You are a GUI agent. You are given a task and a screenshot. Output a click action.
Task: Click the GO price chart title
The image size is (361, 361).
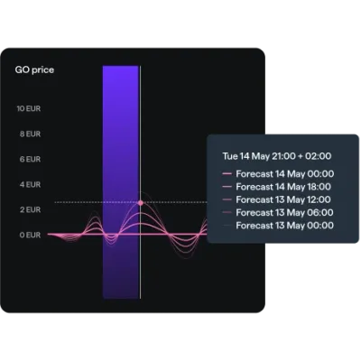34,70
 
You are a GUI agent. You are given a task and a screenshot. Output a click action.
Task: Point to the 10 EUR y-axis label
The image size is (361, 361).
29,108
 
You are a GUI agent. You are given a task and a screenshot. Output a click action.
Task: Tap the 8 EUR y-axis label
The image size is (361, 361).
30,134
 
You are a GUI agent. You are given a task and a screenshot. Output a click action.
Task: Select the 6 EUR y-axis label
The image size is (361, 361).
30,159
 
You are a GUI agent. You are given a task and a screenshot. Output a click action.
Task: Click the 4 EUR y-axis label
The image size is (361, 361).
30,184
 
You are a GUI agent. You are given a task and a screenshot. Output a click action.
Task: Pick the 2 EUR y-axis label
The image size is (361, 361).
30,209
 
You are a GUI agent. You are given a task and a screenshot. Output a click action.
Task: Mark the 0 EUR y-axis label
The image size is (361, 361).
30,235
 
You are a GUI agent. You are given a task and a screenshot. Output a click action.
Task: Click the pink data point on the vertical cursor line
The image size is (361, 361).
141,203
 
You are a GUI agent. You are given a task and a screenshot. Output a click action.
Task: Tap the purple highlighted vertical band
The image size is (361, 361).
121,182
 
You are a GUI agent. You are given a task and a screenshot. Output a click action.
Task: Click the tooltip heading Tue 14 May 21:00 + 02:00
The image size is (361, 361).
277,156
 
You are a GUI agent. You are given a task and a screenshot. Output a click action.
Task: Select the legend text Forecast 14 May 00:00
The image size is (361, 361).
285,174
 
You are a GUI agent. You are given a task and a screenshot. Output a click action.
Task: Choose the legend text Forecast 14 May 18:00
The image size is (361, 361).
283,187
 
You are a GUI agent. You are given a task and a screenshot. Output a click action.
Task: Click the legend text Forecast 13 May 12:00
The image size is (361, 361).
283,199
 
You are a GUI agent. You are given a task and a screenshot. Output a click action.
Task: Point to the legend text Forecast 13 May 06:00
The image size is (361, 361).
284,213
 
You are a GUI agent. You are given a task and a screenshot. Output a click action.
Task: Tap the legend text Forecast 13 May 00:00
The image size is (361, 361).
284,226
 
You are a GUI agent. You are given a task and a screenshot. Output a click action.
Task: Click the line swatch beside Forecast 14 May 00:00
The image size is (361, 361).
227,174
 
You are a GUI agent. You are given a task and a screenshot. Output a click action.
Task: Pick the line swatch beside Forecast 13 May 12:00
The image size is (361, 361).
227,199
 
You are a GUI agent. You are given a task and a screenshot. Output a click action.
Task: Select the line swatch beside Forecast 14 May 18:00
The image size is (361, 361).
227,187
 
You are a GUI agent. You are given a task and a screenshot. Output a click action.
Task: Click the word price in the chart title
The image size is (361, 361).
43,70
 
